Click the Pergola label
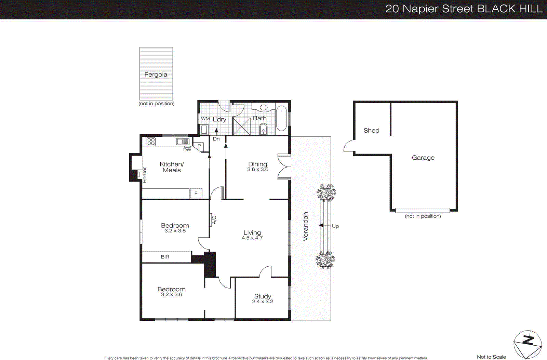point(156,75)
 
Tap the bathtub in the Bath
point(281,118)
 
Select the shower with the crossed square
point(242,126)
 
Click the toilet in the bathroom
point(263,130)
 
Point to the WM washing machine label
point(205,119)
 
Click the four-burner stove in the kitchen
point(151,141)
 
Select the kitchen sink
point(183,141)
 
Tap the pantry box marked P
point(199,146)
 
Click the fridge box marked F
point(196,194)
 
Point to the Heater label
point(145,175)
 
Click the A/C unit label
point(214,220)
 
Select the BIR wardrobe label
point(165,257)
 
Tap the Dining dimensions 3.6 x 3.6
point(258,170)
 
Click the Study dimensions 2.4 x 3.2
point(263,302)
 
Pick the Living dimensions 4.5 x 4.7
point(252,238)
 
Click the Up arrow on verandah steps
point(321,226)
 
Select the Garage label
point(423,158)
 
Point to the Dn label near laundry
point(216,139)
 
